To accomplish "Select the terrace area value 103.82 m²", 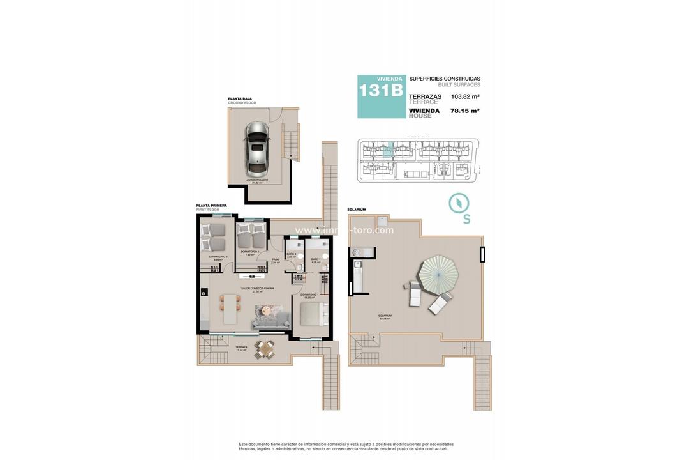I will pos(465,96).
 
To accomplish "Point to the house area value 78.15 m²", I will pos(465,111).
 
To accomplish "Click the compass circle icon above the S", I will pos(459,203).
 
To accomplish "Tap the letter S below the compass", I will pos(466,219).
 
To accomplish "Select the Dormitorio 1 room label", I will pos(310,295).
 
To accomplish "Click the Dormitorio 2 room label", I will pos(249,252).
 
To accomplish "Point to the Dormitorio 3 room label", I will pos(218,257).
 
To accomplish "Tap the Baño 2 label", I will pos(292,254).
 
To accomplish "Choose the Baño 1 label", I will pos(316,259).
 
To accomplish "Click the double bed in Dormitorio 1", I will pos(314,314).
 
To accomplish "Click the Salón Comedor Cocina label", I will pos(257,289).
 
